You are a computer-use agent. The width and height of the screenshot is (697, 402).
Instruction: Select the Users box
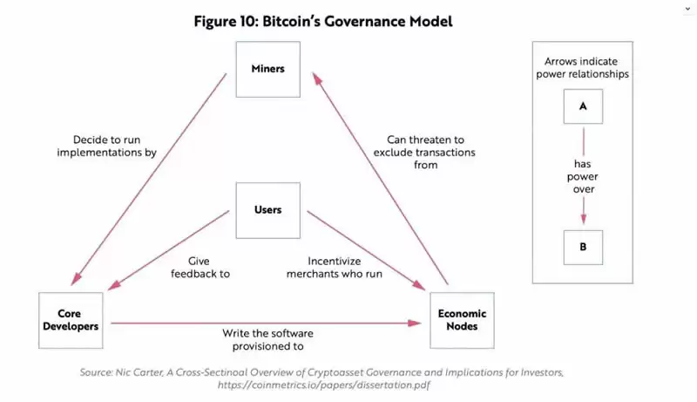[267, 210]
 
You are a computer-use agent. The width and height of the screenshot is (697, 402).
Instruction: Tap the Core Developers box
[74, 319]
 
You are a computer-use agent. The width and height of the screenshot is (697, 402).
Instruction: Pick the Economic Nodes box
[463, 320]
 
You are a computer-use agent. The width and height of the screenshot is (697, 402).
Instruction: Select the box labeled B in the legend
[582, 247]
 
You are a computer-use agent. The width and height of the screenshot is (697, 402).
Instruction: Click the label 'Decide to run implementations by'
[106, 146]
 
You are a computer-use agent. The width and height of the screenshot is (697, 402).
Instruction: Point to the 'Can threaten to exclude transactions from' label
[423, 152]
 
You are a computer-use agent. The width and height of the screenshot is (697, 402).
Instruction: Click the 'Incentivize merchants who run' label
[347, 267]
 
